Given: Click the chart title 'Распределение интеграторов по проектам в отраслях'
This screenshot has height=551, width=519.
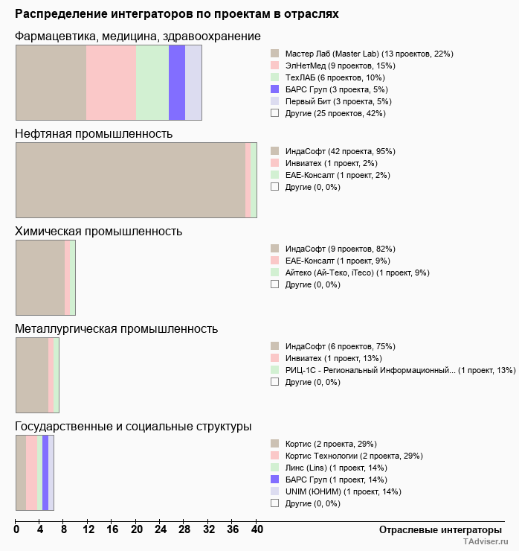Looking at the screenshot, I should tap(176, 14).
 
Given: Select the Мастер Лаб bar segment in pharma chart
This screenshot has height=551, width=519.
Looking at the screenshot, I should tap(51, 82).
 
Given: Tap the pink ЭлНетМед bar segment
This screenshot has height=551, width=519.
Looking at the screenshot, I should tap(111, 82).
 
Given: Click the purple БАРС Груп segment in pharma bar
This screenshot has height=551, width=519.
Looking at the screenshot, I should tap(177, 82).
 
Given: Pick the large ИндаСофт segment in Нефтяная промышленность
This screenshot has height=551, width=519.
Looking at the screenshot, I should tap(130, 179).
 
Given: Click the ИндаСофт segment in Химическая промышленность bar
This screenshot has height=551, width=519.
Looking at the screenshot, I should tap(40, 278).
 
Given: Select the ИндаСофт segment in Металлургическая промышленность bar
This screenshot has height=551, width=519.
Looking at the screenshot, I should tap(32, 375).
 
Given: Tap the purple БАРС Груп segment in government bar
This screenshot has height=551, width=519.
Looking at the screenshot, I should tap(45, 473).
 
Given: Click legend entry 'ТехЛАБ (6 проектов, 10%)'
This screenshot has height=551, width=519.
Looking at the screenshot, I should tap(335, 77).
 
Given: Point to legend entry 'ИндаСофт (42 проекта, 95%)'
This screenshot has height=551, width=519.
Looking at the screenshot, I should tap(342, 151).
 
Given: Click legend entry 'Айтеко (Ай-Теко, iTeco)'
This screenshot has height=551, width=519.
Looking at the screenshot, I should tap(357, 273).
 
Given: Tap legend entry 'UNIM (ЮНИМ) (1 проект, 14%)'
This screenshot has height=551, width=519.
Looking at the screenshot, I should tap(343, 491).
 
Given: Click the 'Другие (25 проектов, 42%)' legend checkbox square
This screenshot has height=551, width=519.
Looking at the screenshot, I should tap(275, 113).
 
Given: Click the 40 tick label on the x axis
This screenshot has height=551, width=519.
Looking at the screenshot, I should tap(257, 530).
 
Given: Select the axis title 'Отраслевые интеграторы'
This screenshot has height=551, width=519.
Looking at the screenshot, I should tap(436, 529).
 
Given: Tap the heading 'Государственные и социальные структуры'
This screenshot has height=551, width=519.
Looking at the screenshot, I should tap(133, 427).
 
